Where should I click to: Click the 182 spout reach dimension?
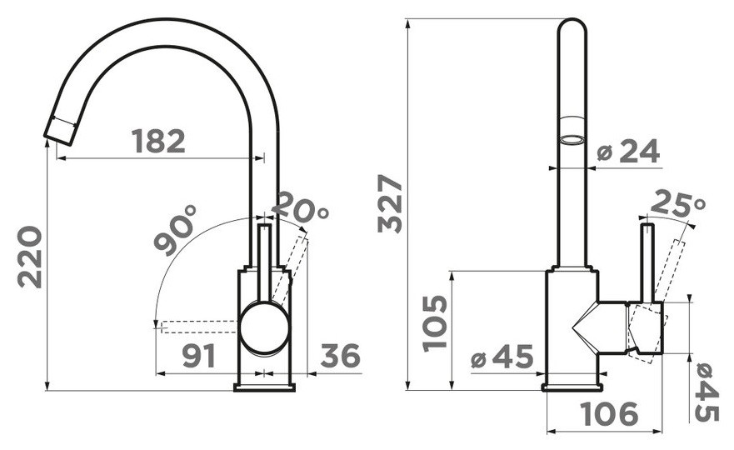[x=158, y=141]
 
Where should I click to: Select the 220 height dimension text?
[x=30, y=257]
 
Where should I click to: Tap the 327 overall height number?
[x=390, y=203]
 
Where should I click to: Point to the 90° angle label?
[x=175, y=230]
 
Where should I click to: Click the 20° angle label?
[x=300, y=207]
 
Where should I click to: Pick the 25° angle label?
[x=677, y=203]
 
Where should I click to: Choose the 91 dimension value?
[x=199, y=356]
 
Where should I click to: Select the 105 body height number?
[x=435, y=323]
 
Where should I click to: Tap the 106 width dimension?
[x=609, y=413]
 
